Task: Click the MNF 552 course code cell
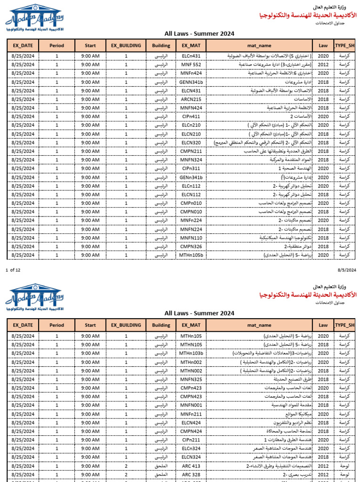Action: [191, 64]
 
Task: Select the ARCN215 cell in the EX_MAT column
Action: [191, 99]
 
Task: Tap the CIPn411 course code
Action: [191, 117]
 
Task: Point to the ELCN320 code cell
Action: [191, 143]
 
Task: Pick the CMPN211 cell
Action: [191, 152]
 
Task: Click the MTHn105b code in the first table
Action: [191, 255]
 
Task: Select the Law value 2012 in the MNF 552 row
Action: [323, 64]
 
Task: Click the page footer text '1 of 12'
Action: [13, 270]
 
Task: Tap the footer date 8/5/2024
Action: [346, 270]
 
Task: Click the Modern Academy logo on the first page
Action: [34, 19]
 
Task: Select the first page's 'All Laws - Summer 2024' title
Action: [199, 33]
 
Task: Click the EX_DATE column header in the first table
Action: [23, 46]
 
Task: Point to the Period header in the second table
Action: [57, 325]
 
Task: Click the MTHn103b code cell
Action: [191, 353]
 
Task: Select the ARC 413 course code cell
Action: [191, 466]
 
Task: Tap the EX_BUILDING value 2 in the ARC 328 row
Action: [126, 474]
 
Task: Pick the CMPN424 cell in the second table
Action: [191, 431]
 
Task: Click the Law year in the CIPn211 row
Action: [323, 440]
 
